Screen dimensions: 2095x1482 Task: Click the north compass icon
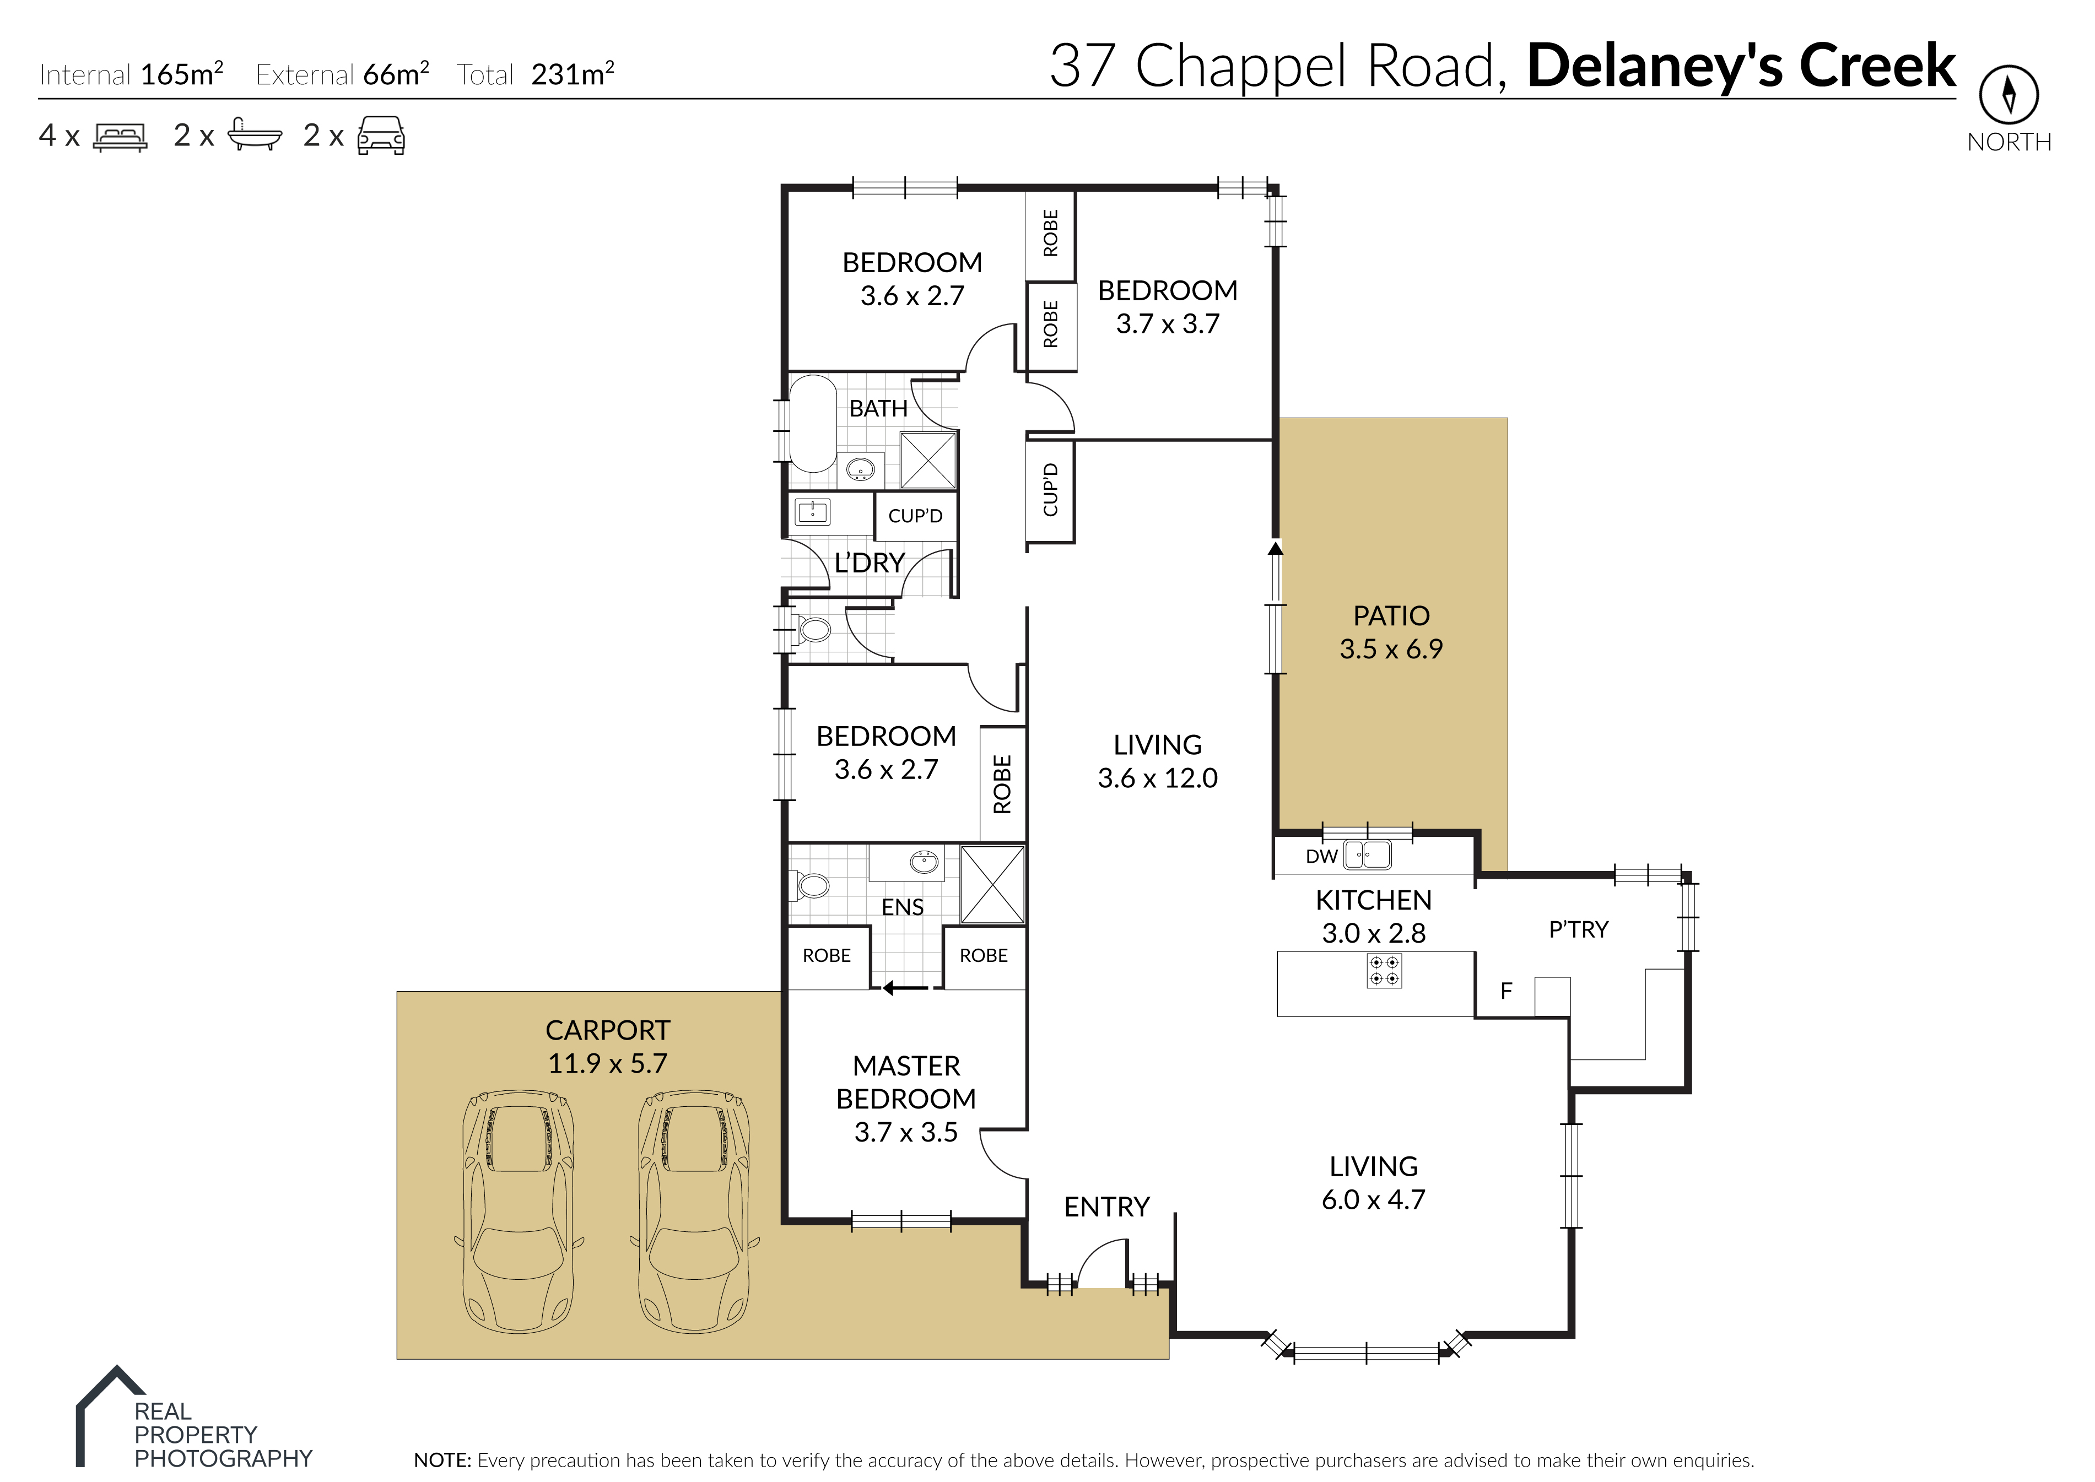point(2008,94)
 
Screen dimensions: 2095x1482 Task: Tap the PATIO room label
point(1391,616)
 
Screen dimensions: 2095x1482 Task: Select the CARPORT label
point(608,1030)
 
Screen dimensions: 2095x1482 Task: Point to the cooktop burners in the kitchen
point(1384,971)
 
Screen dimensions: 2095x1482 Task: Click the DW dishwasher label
point(1321,856)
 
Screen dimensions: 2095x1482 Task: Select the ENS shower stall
point(993,885)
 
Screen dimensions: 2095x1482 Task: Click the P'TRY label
point(1579,930)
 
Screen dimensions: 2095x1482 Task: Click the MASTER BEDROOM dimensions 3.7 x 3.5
point(906,1133)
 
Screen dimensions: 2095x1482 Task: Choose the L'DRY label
point(870,563)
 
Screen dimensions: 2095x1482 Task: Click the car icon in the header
point(381,135)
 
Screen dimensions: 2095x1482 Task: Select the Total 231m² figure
point(536,74)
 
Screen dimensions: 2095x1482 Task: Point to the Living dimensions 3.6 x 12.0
point(1157,778)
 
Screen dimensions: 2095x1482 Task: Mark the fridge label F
point(1507,991)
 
